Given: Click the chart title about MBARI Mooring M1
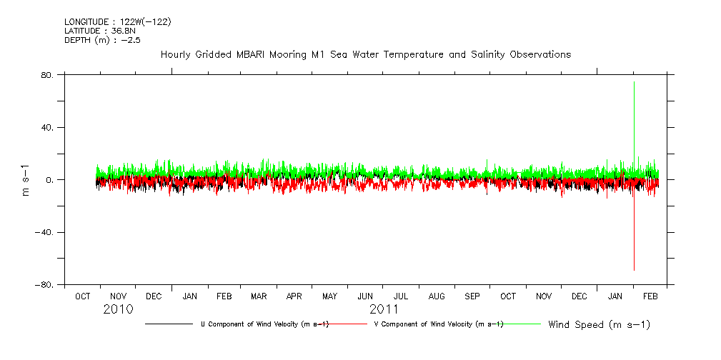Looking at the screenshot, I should [365, 54].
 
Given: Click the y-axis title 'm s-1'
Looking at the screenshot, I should [26, 180].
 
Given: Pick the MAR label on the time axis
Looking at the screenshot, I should [259, 296].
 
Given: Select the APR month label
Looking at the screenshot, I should [294, 296].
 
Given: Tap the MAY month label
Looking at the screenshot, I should [330, 296].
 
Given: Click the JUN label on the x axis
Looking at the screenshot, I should [365, 296].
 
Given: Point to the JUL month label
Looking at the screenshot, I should [401, 296].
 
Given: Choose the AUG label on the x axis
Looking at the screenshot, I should [437, 296].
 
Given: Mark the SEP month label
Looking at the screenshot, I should [472, 296].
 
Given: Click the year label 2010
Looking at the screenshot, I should [118, 310].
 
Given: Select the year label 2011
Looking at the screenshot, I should [384, 310].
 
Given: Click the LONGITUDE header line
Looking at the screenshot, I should [117, 22].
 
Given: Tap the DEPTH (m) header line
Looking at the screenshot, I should [102, 41].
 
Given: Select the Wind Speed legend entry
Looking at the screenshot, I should [599, 325].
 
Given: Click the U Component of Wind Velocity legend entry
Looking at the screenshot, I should [264, 324].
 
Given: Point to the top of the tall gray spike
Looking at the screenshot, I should [634, 83].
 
